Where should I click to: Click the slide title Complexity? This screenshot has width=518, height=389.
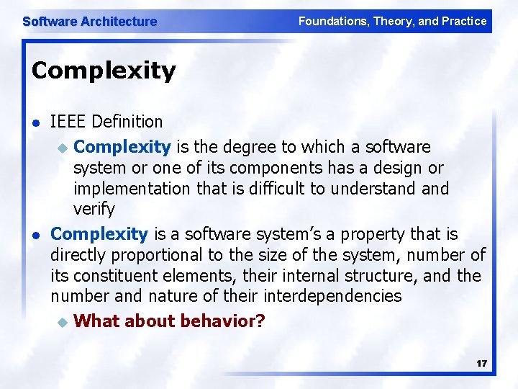pos(104,71)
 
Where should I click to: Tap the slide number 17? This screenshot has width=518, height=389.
pos(481,363)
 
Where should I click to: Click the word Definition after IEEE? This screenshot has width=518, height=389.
pos(129,122)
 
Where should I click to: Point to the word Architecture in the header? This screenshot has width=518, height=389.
pos(119,22)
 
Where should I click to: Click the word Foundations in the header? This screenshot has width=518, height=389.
pos(333,21)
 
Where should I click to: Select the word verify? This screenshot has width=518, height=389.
pos(94,209)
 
